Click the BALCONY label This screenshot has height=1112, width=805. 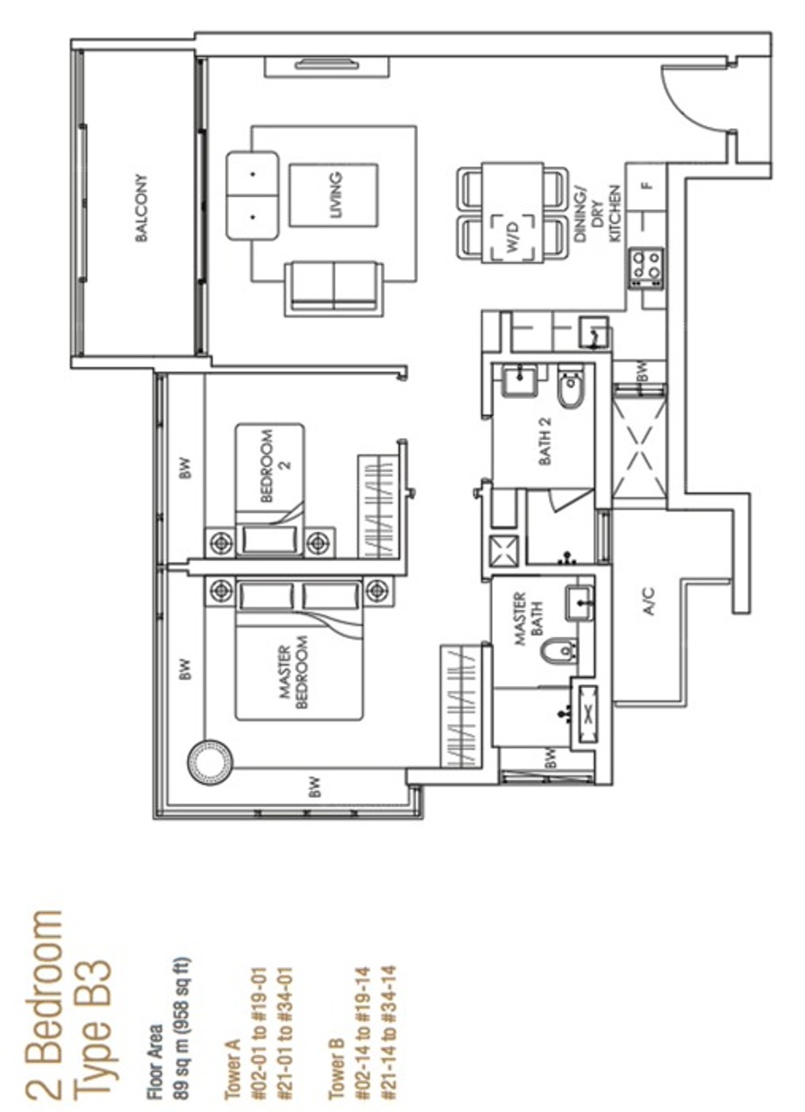[x=141, y=208]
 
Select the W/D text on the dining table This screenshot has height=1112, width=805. [x=513, y=236]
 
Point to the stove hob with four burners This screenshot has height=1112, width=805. [x=646, y=268]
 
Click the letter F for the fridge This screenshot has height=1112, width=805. [x=646, y=187]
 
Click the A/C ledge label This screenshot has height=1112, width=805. [x=649, y=601]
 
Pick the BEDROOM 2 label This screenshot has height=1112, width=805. [x=274, y=466]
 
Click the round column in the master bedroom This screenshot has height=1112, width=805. [x=209, y=765]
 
